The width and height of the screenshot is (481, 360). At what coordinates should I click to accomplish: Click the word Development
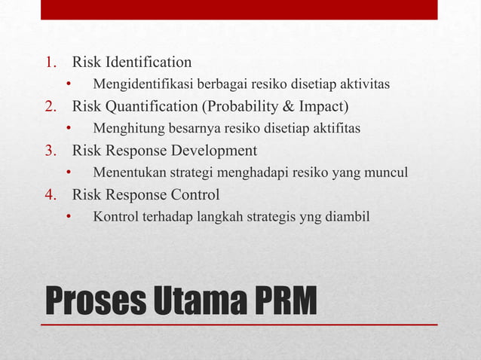(215, 151)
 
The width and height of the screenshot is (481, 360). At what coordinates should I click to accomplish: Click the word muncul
(388, 173)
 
